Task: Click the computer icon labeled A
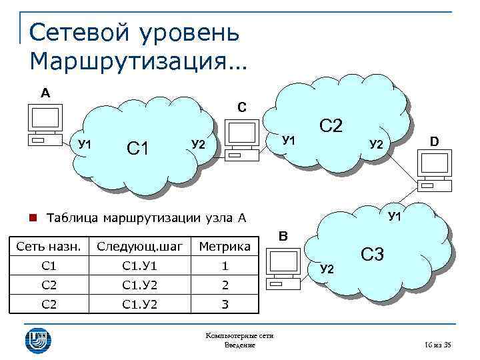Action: pyautogui.click(x=44, y=125)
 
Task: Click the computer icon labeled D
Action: pyautogui.click(x=435, y=171)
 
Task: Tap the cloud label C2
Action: pyautogui.click(x=331, y=125)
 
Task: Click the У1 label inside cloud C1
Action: pyautogui.click(x=85, y=144)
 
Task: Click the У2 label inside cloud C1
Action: pyautogui.click(x=198, y=144)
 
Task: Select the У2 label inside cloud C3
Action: pyautogui.click(x=326, y=269)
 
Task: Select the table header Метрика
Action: pyautogui.click(x=225, y=247)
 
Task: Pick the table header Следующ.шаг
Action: pyautogui.click(x=139, y=247)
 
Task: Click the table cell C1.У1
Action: pyautogui.click(x=139, y=266)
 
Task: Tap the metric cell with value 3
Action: pyautogui.click(x=225, y=305)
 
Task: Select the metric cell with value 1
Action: pyautogui.click(x=225, y=266)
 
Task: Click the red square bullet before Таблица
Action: pyautogui.click(x=32, y=217)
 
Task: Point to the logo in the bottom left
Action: pyautogui.click(x=37, y=339)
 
